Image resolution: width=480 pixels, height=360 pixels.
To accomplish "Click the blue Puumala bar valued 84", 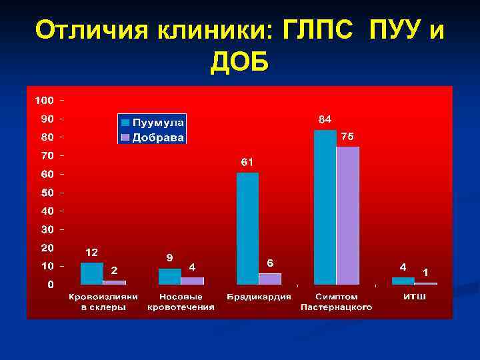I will pos(325,207).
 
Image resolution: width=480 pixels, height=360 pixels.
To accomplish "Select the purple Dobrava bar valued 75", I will pos(347,215).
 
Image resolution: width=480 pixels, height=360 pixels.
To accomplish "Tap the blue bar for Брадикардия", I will pos(247,228).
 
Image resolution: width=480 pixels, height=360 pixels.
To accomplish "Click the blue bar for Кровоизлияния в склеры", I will pos(91,273).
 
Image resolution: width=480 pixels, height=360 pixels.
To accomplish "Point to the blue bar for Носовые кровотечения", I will pos(169,276).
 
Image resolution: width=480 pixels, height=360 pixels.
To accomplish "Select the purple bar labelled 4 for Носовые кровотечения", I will pos(192,281).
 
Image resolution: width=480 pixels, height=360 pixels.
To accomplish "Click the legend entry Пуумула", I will pos(159,123).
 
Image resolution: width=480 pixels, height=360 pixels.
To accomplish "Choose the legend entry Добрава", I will pos(159,137).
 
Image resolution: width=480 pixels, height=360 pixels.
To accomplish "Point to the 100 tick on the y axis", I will pos(44,101).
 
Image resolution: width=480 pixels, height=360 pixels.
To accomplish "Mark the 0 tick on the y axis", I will pos(51,285).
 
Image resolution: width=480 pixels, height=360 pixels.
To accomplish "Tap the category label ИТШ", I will pos(415,297).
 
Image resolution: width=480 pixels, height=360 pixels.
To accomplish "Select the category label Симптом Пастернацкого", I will pos(336,302).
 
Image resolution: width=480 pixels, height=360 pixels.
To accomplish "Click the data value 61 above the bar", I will pos(247,162).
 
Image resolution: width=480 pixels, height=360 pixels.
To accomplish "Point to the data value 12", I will pos(91,253).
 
